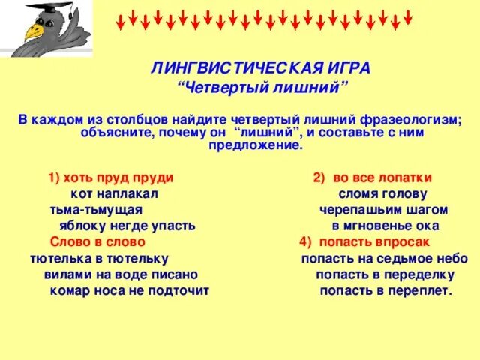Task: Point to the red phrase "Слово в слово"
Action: (x=97, y=242)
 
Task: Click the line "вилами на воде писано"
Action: (x=116, y=274)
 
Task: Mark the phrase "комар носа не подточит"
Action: (x=128, y=290)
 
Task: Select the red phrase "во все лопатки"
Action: (x=382, y=178)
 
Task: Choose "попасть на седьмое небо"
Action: (x=385, y=258)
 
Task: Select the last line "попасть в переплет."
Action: (x=386, y=290)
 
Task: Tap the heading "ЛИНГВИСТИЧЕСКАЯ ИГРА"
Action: (x=260, y=68)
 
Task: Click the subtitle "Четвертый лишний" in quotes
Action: (x=262, y=88)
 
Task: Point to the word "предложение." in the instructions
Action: (x=256, y=146)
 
